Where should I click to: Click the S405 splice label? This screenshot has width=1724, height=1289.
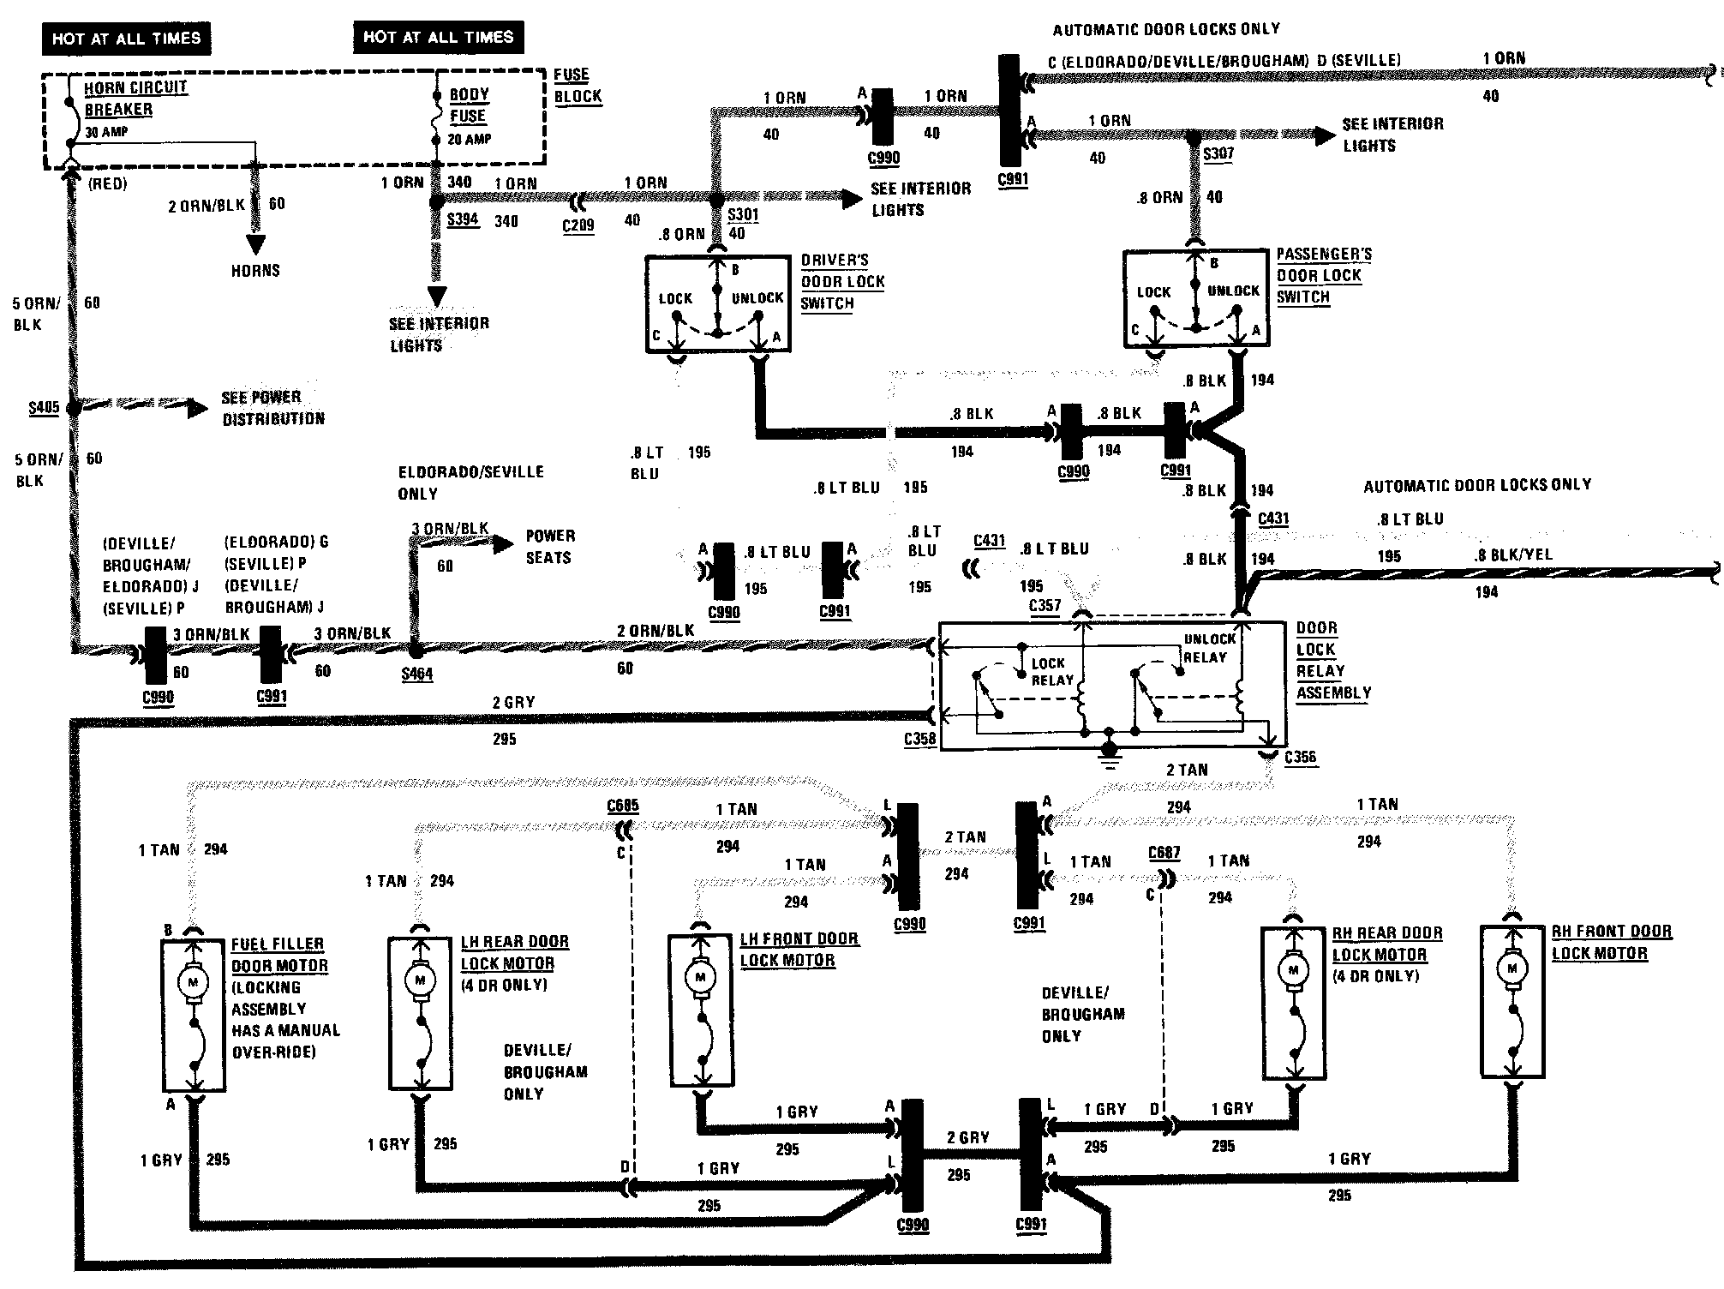pos(44,407)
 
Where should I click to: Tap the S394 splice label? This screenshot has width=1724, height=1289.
pos(463,219)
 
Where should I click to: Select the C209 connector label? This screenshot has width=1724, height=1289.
pos(578,225)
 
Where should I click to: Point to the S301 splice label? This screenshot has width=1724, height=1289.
pos(743,214)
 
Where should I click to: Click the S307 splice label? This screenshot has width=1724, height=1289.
pos(1218,154)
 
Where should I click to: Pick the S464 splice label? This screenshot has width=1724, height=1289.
pos(417,674)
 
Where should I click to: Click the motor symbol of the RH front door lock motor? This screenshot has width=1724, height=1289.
pos(1512,969)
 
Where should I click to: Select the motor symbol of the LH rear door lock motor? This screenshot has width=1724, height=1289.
pos(420,980)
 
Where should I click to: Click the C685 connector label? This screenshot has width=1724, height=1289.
pos(623,806)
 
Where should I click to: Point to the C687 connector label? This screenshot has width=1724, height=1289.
pos(1164,853)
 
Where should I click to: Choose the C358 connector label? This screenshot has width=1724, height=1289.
pos(919,739)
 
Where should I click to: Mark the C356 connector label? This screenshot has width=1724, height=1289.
pos(1300,757)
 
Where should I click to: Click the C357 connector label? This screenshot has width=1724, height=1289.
pos(1045,606)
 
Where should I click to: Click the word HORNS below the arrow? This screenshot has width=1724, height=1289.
pos(255,271)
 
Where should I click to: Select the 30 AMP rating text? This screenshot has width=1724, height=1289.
pos(107,133)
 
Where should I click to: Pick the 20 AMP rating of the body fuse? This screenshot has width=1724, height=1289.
pos(470,139)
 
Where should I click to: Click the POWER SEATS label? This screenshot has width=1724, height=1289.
pos(549,547)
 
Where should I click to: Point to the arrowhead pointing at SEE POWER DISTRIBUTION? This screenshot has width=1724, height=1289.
pos(198,408)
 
